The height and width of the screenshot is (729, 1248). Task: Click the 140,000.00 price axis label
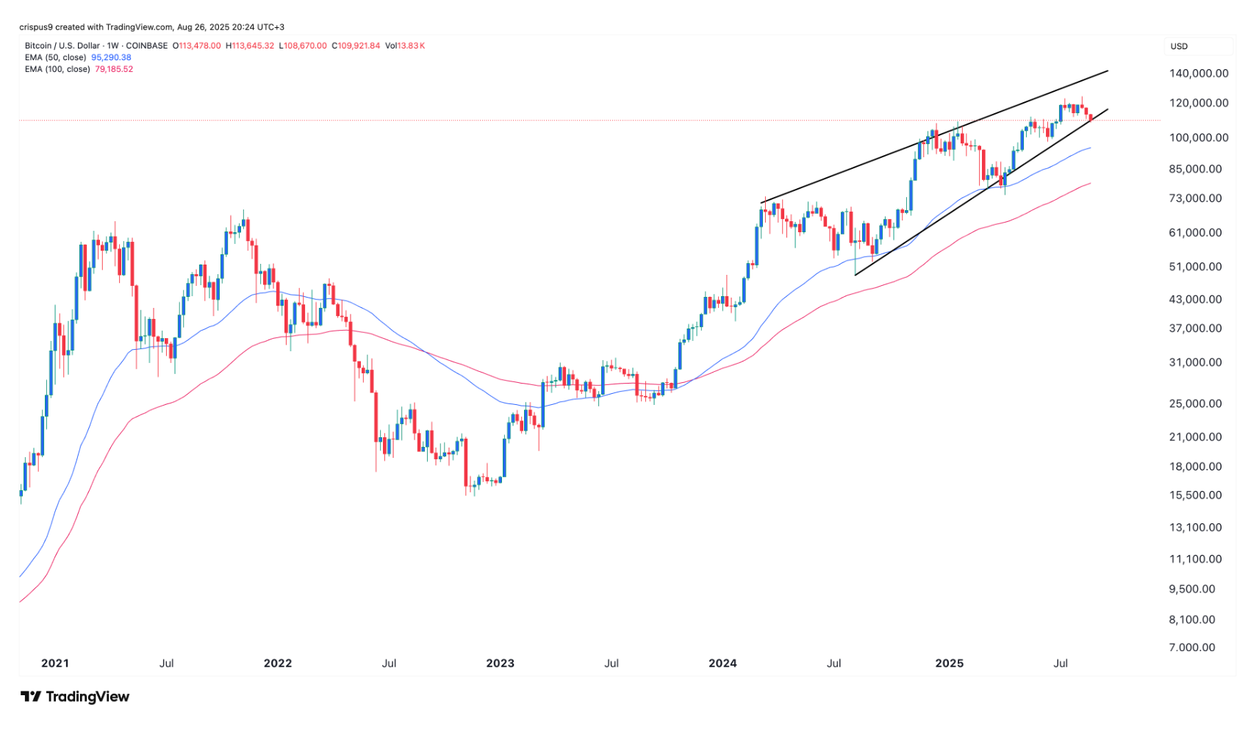coord(1199,73)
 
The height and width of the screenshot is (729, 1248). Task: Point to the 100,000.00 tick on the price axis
coord(1199,137)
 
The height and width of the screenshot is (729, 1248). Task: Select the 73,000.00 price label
coord(1196,198)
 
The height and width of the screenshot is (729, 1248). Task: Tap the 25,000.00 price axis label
coord(1196,403)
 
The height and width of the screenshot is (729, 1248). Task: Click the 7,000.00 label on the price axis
coord(1193,647)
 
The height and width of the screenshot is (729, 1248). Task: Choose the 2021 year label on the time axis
coord(55,663)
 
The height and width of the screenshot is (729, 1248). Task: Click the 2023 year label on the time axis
coord(501,663)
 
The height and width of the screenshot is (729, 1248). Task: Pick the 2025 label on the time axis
coord(949,663)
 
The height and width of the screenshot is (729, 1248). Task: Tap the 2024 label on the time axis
coord(722,663)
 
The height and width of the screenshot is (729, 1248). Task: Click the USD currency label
coord(1179,46)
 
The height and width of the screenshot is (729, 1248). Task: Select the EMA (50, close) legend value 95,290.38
coord(111,57)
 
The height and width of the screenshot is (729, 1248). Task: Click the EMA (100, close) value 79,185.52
coord(114,69)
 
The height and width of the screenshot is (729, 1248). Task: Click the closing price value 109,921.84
coord(358,46)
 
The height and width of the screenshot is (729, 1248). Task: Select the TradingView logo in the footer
coord(75,697)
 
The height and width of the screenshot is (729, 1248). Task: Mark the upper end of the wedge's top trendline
coord(1107,71)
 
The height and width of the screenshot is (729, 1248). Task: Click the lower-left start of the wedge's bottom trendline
coord(856,275)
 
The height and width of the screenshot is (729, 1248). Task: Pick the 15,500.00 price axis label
coord(1196,495)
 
